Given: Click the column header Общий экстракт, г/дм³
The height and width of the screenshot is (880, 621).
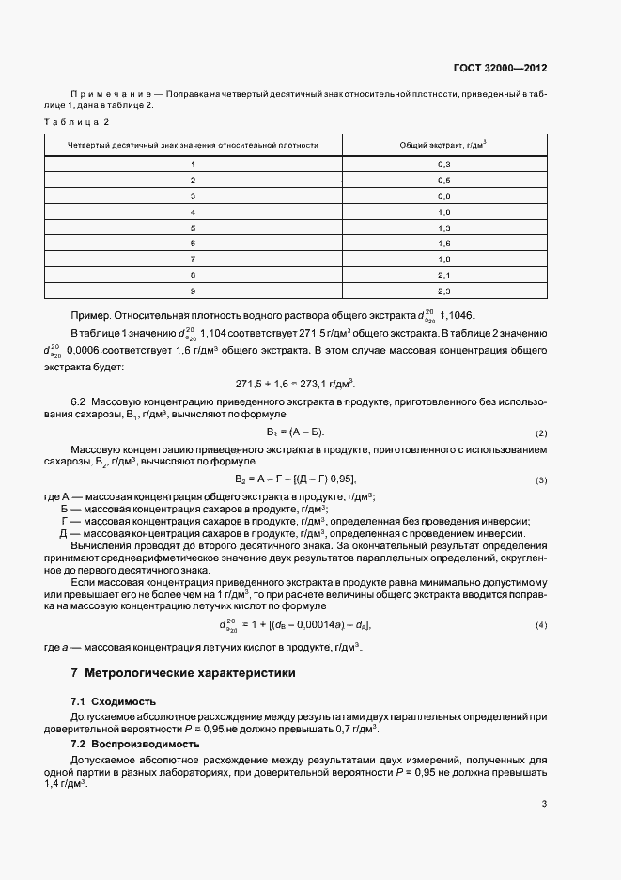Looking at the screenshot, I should [x=444, y=146].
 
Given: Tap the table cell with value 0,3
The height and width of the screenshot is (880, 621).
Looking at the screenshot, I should [x=444, y=165].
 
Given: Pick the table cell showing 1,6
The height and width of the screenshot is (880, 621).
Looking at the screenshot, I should [x=444, y=244].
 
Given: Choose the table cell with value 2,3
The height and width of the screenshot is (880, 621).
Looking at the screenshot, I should [x=444, y=291].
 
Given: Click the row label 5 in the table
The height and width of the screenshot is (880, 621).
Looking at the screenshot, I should [x=193, y=228].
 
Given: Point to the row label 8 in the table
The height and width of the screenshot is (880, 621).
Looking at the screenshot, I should [x=193, y=275].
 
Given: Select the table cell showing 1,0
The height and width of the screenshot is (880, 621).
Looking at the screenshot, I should [x=444, y=212].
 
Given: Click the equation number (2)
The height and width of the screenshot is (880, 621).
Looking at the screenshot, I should [x=541, y=433].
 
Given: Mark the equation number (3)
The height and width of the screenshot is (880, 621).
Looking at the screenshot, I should [x=541, y=480].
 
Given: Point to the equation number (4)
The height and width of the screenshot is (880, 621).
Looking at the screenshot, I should [x=541, y=625].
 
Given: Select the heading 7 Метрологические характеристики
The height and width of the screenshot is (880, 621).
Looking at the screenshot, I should [x=183, y=673].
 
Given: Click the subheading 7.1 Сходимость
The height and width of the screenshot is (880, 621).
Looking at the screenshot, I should [x=114, y=701].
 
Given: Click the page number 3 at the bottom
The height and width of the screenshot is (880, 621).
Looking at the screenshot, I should [x=544, y=804].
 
